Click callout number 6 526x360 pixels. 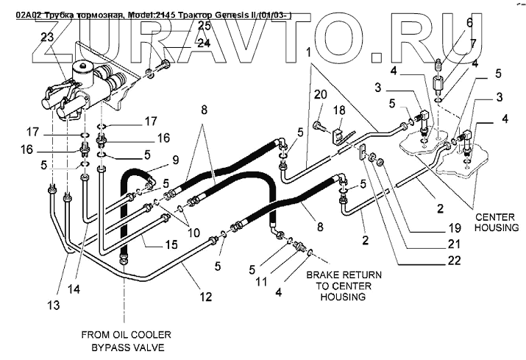pyautogui.click(x=469, y=24)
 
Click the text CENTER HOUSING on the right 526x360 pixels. pyautogui.click(x=497, y=222)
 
